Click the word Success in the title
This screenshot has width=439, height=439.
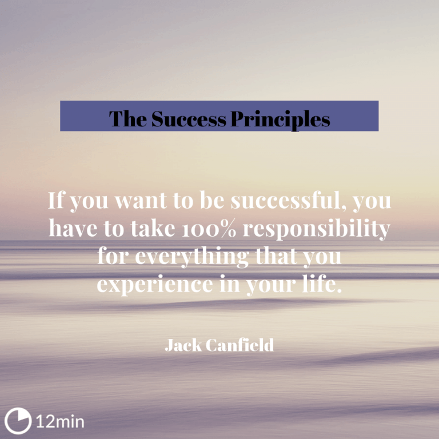coord(188,119)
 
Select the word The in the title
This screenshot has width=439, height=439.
coord(128,119)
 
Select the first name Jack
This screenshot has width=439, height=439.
coord(182,345)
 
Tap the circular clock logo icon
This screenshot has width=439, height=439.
coord(17,421)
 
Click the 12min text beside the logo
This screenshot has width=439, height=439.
coord(60,422)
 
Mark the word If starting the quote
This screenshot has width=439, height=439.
coord(55,201)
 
